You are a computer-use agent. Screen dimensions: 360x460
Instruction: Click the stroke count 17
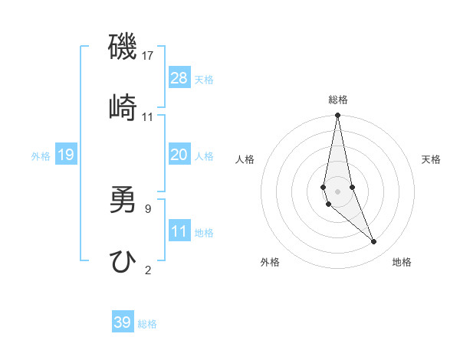coord(148,56)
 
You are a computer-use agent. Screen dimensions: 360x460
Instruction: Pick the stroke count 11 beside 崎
coord(148,117)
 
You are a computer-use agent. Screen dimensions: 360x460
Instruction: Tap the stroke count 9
coord(148,208)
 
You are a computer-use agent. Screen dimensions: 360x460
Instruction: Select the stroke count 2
coord(148,270)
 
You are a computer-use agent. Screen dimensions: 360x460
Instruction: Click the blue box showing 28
coord(179,78)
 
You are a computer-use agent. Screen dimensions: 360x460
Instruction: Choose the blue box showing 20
coord(179,155)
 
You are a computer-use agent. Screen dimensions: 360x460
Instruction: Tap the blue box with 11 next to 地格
coord(179,231)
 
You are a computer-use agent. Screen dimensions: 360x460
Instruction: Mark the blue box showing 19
coord(65,155)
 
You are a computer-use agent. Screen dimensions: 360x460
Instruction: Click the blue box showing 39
coord(123,322)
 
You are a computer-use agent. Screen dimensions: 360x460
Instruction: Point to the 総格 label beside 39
coord(147,324)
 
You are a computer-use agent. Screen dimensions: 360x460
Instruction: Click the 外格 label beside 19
coord(41,156)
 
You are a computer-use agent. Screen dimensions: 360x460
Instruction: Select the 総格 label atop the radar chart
coord(338,100)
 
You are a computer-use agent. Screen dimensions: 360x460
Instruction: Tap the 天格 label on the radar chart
coord(432,159)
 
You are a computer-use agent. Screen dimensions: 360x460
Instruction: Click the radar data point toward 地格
coord(374,242)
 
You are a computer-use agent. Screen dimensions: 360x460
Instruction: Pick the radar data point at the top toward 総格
coord(337,116)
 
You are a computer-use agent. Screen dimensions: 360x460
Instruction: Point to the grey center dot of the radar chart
coord(337,191)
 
